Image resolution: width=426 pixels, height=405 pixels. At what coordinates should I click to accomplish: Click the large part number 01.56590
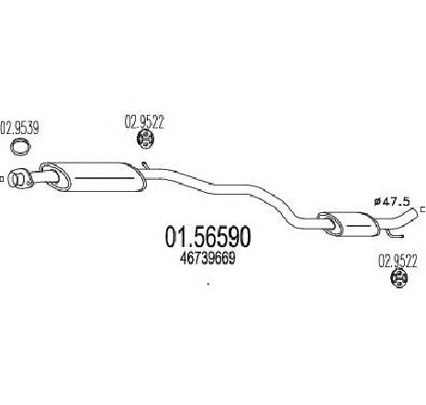(207, 237)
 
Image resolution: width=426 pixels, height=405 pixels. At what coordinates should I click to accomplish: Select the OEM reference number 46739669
(207, 259)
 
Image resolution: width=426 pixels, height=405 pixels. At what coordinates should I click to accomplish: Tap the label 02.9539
(19, 128)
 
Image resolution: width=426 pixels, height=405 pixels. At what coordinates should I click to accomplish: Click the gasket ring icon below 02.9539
(21, 146)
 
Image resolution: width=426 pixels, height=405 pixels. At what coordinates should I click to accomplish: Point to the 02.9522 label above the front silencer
(144, 121)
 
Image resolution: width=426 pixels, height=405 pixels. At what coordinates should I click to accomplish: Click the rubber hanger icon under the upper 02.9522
(145, 140)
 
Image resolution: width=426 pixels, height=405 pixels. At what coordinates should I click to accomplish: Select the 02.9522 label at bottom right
(398, 262)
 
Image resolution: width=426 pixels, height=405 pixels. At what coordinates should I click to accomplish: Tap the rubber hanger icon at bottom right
(399, 278)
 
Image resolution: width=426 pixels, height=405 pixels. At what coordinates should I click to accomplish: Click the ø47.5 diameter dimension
(391, 201)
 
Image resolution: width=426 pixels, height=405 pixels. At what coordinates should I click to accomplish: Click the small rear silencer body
(349, 224)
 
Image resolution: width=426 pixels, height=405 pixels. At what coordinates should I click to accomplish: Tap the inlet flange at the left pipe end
(20, 179)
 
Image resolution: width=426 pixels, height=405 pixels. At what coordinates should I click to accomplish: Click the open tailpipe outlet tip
(415, 212)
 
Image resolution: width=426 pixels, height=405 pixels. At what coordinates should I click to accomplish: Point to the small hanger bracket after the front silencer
(145, 165)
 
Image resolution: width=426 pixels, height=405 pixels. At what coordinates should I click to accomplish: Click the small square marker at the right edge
(423, 209)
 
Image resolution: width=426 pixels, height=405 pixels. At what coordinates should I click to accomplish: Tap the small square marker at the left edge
(1, 179)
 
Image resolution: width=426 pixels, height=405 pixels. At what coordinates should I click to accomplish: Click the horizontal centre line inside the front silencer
(105, 178)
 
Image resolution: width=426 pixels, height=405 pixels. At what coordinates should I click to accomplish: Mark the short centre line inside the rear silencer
(360, 226)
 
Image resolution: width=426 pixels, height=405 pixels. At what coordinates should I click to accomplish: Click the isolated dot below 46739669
(208, 284)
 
